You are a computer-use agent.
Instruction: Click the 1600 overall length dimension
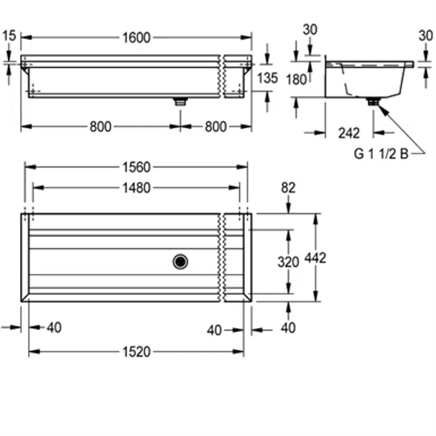click(x=136, y=38)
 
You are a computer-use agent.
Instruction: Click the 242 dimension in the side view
click(x=349, y=134)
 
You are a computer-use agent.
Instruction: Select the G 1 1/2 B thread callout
click(x=380, y=154)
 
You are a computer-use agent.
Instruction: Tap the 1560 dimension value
click(x=136, y=167)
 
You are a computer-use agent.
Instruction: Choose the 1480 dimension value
click(x=136, y=188)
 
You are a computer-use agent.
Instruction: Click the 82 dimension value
click(x=288, y=188)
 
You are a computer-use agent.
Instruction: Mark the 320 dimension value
click(x=288, y=262)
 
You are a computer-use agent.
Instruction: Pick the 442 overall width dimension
click(x=316, y=258)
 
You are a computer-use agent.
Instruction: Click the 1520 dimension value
click(x=136, y=352)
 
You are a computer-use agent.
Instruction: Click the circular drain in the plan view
click(x=180, y=262)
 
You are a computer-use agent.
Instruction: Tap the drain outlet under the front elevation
click(x=180, y=101)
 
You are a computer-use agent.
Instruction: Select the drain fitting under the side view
click(x=373, y=101)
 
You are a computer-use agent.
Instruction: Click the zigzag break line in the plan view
click(x=222, y=258)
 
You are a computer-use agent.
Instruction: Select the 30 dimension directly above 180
click(x=310, y=30)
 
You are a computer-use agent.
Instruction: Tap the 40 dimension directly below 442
click(x=288, y=328)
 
